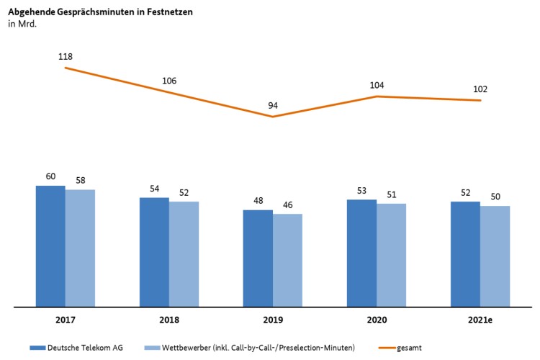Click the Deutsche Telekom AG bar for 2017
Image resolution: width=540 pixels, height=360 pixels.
50,246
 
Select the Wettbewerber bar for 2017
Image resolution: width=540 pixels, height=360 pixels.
80,248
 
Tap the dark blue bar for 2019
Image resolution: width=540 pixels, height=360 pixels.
258,258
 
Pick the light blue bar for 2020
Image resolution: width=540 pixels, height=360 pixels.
391,255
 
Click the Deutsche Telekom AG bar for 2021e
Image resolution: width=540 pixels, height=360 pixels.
465,254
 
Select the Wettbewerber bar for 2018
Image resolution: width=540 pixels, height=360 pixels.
184,253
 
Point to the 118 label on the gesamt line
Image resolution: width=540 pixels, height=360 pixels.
66,56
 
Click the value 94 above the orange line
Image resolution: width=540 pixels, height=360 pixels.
273,105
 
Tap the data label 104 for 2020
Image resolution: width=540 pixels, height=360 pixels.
377,85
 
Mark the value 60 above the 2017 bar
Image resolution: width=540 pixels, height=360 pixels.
50,175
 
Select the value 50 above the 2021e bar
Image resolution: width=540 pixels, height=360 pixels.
495,196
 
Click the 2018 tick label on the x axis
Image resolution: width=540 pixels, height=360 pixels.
169,319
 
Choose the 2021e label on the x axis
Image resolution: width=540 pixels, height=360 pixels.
480,319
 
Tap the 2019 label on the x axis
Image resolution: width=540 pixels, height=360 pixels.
273,319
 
